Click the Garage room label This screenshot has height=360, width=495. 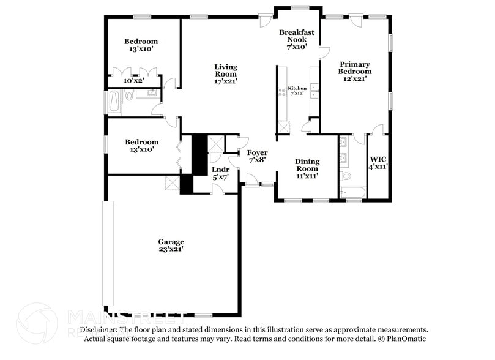click(170, 242)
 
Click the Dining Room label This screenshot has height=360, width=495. click(307, 165)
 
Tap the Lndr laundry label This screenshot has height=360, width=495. click(220, 169)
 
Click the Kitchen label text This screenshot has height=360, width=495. click(297, 88)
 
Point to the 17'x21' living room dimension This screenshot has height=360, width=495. click(225, 80)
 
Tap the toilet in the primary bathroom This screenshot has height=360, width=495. click(346, 176)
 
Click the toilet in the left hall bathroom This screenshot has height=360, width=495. click(129, 96)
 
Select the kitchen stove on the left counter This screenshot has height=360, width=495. click(282, 94)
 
